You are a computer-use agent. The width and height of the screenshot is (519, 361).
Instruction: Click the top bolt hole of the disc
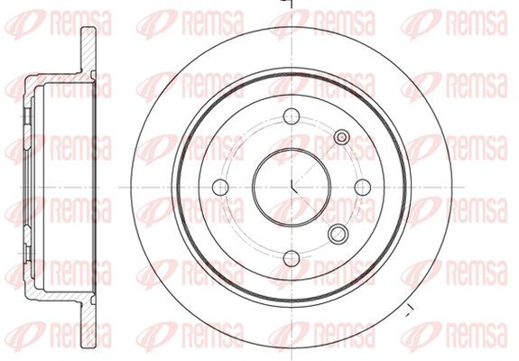pyautogui.click(x=292, y=116)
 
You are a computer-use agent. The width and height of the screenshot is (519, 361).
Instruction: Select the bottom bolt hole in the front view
pyautogui.click(x=292, y=258)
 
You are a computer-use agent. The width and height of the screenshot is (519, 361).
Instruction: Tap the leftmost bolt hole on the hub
pyautogui.click(x=220, y=188)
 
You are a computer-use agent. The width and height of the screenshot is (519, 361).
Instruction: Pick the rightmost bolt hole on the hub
pyautogui.click(x=363, y=188)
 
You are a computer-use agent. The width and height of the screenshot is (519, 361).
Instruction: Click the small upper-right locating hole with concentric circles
pyautogui.click(x=342, y=137)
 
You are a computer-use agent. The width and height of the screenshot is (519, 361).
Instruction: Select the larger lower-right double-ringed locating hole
pyautogui.click(x=338, y=234)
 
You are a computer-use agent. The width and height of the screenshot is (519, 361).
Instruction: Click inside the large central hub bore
pyautogui.click(x=292, y=188)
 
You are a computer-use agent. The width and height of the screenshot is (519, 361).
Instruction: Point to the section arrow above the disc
pyautogui.click(x=287, y=4)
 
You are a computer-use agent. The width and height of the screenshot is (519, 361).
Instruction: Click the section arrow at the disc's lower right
pyautogui.click(x=410, y=310)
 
